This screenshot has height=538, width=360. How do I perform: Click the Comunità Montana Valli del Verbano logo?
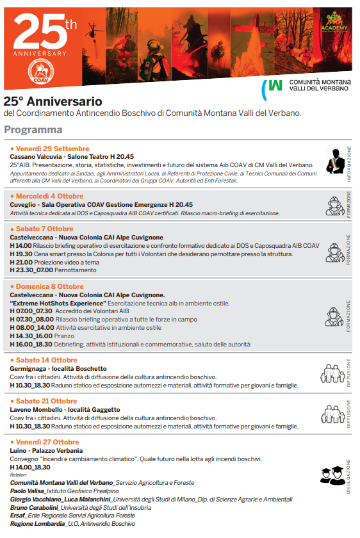[x=307, y=86]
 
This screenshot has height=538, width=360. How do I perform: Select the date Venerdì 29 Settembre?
[x=51, y=149]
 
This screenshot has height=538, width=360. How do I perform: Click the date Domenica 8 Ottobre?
[x=49, y=286]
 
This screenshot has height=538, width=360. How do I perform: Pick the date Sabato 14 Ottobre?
[x=45, y=361]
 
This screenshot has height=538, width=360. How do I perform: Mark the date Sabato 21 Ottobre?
[x=45, y=401]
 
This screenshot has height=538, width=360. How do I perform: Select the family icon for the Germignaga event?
[x=333, y=371]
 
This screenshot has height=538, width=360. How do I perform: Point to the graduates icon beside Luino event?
[x=332, y=475]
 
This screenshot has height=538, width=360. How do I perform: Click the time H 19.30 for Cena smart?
[x=20, y=254]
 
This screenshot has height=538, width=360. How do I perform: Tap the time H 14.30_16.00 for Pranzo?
[x=31, y=336]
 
